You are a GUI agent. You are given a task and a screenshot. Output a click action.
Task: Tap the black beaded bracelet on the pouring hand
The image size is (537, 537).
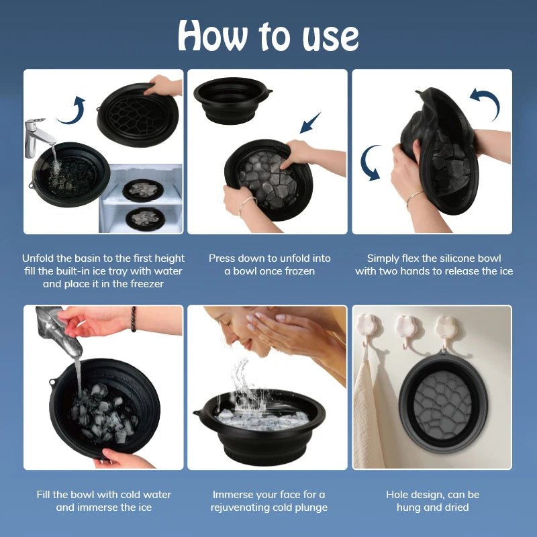click(133, 319)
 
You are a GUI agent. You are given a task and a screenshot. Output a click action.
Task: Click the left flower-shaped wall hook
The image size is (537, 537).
click(369, 326)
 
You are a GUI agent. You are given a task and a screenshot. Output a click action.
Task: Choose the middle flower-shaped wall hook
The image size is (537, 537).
click(407, 326)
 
